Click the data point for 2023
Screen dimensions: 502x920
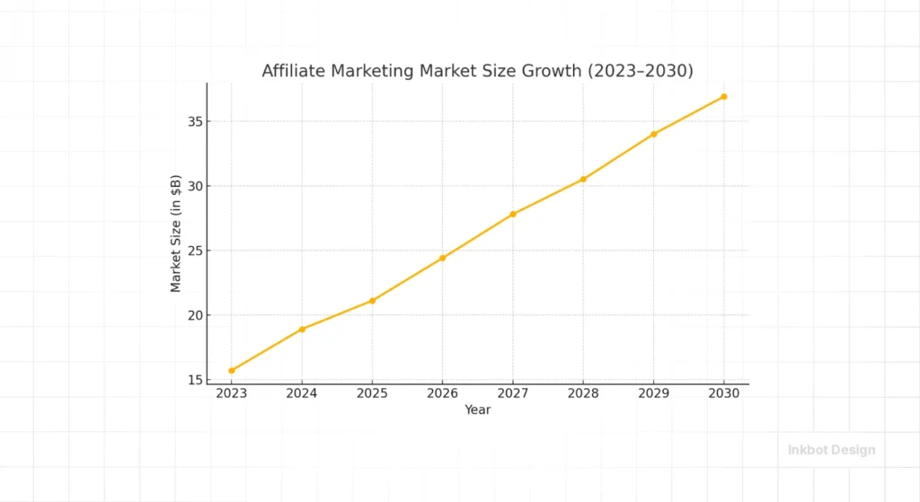[232, 370]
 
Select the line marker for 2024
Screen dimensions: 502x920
[302, 330]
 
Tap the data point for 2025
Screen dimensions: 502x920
[372, 301]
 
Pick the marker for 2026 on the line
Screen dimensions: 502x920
[442, 258]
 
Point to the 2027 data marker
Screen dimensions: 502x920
[513, 214]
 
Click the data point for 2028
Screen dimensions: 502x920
[583, 179]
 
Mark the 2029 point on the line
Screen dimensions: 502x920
[654, 134]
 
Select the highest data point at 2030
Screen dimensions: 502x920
[724, 96]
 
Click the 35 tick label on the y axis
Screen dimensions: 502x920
[193, 121]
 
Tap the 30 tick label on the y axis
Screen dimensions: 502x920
[193, 186]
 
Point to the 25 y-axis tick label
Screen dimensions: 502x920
[193, 251]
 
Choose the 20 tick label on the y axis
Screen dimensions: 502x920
[193, 315]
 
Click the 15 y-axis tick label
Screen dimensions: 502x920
[193, 380]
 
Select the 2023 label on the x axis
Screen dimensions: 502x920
[232, 394]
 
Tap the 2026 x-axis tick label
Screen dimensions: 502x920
[442, 394]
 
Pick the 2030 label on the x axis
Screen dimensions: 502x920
[724, 394]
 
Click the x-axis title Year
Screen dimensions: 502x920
[478, 410]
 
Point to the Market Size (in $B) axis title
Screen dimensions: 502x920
[176, 233]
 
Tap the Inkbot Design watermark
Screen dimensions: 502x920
[831, 450]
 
